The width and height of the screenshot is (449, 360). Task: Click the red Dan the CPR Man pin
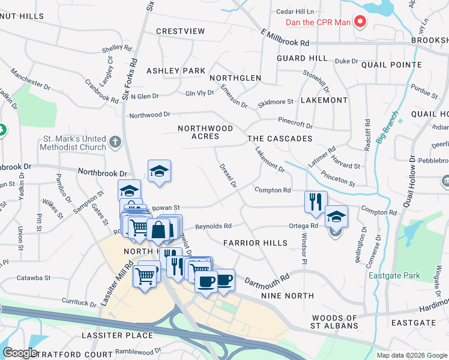[x=360, y=22]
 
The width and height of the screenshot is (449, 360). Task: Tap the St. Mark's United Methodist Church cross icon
[x=116, y=143]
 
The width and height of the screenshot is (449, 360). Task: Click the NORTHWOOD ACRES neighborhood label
[x=205, y=133]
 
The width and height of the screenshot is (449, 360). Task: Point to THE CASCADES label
[x=280, y=139]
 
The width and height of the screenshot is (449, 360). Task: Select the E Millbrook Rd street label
[x=285, y=39]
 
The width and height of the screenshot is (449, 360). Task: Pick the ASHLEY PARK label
[x=176, y=71]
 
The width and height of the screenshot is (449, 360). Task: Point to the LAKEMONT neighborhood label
[x=324, y=100]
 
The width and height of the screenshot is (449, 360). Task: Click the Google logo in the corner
[x=20, y=353]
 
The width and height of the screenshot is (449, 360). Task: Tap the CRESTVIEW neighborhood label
[x=180, y=31]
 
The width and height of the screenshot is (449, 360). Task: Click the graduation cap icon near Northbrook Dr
[x=159, y=171]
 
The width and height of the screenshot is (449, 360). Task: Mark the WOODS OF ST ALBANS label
[x=335, y=322]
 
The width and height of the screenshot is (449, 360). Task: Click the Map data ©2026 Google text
[x=412, y=355]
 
